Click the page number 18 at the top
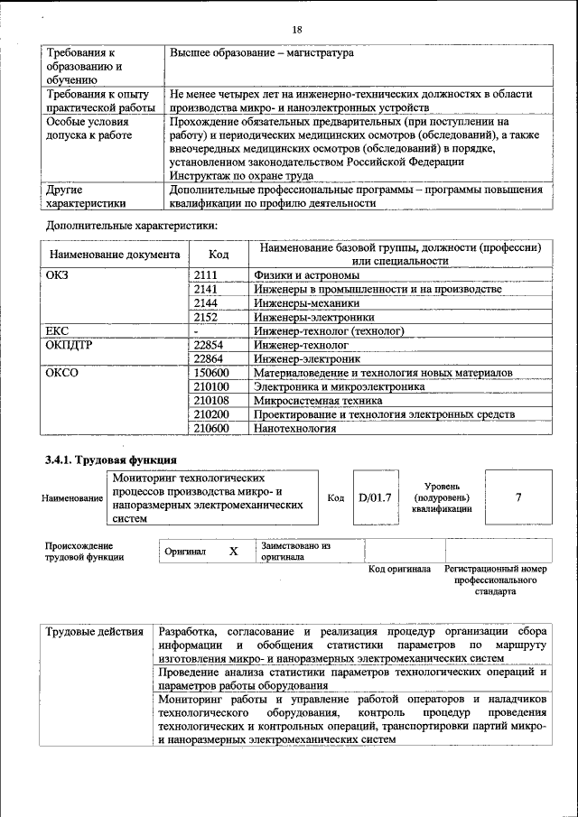(297, 30)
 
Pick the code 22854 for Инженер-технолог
(209, 345)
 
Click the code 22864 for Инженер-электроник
(209, 358)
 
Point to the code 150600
(211, 373)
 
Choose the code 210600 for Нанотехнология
(211, 428)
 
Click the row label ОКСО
(62, 373)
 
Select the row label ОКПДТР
(70, 345)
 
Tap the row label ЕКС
(58, 331)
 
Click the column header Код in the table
(219, 255)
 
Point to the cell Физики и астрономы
(307, 275)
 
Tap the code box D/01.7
(372, 497)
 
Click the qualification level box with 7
(517, 497)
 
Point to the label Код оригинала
(400, 569)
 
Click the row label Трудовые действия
(94, 632)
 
